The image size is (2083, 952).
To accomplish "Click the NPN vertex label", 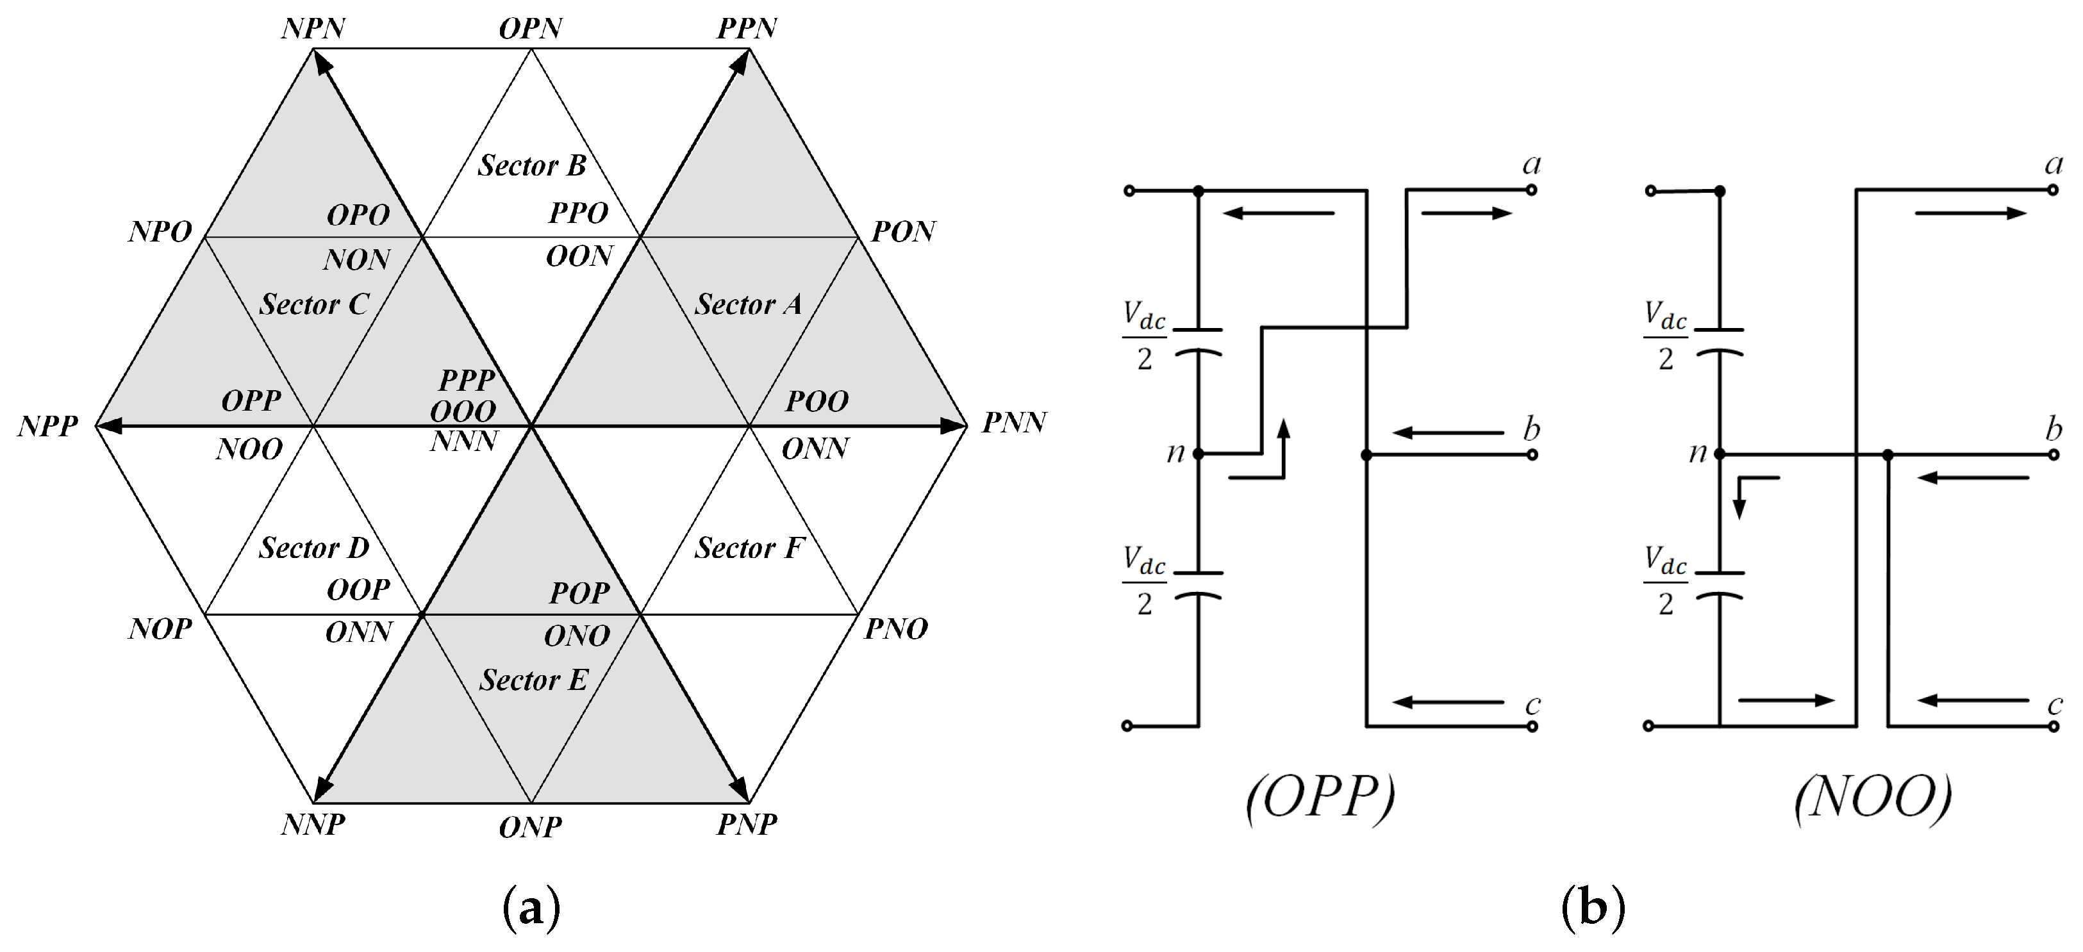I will pyautogui.click(x=313, y=29).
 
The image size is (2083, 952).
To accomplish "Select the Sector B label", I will pyautogui.click(x=531, y=166).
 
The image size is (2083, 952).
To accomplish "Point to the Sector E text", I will pyautogui.click(x=533, y=680).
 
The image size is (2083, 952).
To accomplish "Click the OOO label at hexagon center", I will pyautogui.click(x=463, y=412).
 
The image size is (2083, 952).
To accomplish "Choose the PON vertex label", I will pyautogui.click(x=902, y=232).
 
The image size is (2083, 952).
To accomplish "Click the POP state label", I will pyautogui.click(x=579, y=594).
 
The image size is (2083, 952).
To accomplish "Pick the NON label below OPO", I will pyautogui.click(x=356, y=260).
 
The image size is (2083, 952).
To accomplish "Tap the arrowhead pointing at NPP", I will pyautogui.click(x=109, y=426).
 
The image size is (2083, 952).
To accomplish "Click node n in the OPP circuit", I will pyautogui.click(x=1199, y=454).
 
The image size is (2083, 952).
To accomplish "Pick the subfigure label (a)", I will pyautogui.click(x=531, y=908).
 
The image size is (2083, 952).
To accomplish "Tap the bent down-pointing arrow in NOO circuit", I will pyautogui.click(x=1748, y=495).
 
